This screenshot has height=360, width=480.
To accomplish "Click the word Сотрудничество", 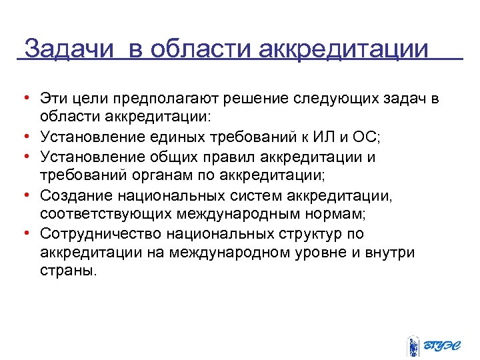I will click(x=102, y=235).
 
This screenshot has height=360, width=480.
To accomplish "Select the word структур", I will click(x=303, y=235).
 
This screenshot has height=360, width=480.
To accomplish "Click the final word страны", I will click(x=67, y=273).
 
